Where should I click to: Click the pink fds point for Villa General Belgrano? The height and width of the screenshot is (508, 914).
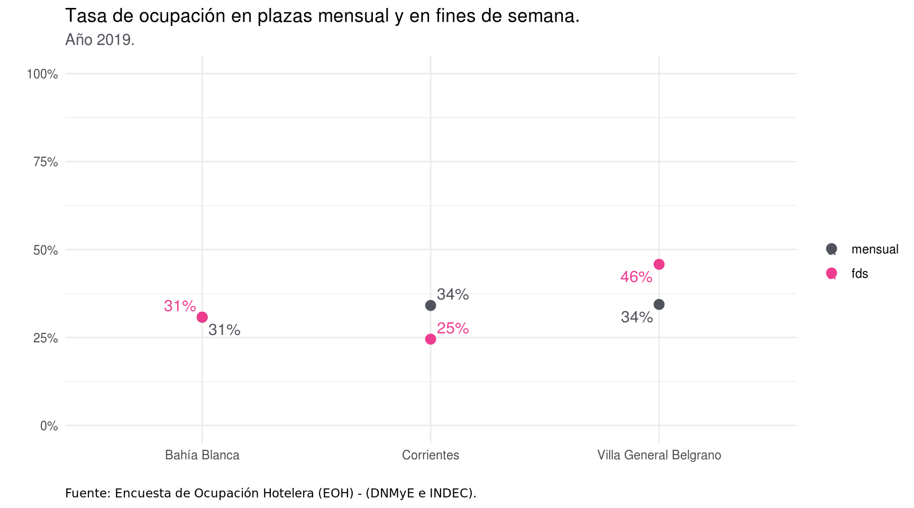(x=659, y=265)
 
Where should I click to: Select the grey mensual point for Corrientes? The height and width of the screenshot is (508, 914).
(x=431, y=306)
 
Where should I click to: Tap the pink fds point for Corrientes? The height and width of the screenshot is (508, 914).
(x=431, y=339)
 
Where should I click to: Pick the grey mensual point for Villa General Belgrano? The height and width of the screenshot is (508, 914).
(x=659, y=305)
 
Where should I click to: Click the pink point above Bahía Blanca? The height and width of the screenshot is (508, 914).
(x=202, y=317)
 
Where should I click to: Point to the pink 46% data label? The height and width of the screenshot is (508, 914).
(x=636, y=277)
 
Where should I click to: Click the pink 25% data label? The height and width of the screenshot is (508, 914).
(x=453, y=329)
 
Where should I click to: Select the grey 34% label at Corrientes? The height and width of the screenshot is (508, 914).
(x=453, y=295)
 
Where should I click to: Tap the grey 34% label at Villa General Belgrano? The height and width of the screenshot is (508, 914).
(x=637, y=317)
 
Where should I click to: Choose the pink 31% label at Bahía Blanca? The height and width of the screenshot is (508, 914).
(x=180, y=306)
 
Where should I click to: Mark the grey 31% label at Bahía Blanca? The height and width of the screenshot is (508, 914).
(x=224, y=330)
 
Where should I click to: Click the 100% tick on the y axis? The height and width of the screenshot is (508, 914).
(x=42, y=74)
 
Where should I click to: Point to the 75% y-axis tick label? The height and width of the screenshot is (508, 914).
(x=45, y=162)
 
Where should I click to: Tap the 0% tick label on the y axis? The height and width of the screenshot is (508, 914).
(x=49, y=426)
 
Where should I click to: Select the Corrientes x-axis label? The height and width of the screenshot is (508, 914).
(x=431, y=455)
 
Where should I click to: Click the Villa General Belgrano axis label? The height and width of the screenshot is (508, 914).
(x=659, y=455)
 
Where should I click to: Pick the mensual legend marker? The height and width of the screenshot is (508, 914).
(x=831, y=249)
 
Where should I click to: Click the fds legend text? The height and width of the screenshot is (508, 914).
(x=860, y=274)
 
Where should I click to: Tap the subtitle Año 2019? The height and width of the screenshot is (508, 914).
(x=100, y=40)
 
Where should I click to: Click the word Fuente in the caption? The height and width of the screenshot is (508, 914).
(x=87, y=493)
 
